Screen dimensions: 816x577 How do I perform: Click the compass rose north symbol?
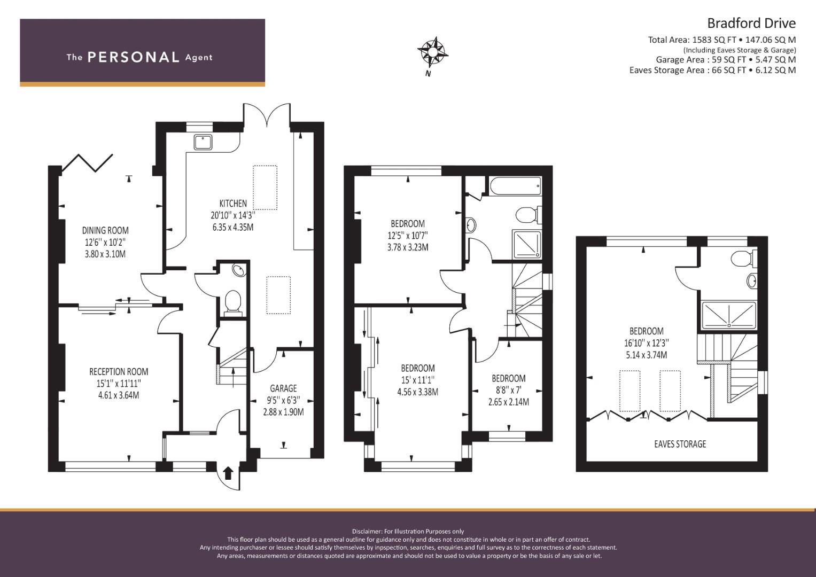[x=433, y=53]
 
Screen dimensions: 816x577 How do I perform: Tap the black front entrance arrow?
[x=228, y=473]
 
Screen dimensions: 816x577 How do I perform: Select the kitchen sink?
[x=203, y=142]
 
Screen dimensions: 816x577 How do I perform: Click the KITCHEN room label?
[x=233, y=203]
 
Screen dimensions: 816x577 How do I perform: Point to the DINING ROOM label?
[x=105, y=230]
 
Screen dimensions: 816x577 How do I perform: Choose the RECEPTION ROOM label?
[x=119, y=371]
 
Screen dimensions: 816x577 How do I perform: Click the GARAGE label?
[x=283, y=388]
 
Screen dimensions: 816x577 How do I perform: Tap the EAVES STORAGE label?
[x=680, y=444]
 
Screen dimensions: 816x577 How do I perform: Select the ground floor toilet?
[x=233, y=303]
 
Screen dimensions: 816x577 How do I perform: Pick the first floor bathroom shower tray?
[x=527, y=245]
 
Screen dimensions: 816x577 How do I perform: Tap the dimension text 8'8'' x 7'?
[x=509, y=390]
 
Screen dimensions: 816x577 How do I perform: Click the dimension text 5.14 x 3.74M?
[x=646, y=355]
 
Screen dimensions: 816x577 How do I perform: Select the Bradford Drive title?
[x=751, y=24]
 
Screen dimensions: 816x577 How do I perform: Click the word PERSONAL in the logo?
[x=134, y=57]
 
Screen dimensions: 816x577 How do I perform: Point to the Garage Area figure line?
[x=726, y=60]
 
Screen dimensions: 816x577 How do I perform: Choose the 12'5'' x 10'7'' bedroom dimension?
[x=408, y=235]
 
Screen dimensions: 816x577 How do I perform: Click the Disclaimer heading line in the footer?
[x=408, y=532]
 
